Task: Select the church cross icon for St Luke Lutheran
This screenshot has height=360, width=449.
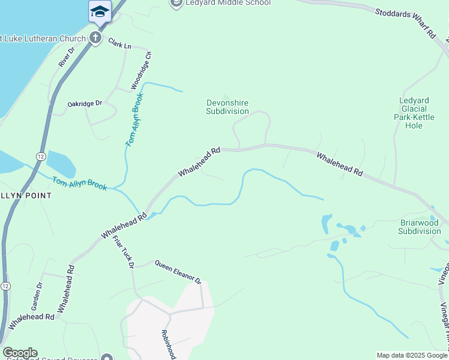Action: click(x=95, y=38)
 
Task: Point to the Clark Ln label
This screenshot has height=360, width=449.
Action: click(x=119, y=43)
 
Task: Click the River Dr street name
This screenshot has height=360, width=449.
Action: click(x=65, y=58)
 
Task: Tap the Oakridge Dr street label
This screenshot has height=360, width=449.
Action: click(x=85, y=104)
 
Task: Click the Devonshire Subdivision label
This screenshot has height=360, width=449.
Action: click(x=227, y=107)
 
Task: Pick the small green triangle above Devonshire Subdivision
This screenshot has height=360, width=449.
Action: click(x=226, y=97)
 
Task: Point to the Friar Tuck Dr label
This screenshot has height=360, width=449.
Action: click(x=122, y=252)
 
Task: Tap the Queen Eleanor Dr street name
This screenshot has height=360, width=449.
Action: click(x=177, y=271)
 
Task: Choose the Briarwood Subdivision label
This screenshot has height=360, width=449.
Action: click(x=420, y=226)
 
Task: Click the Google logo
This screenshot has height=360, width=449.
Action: click(x=20, y=353)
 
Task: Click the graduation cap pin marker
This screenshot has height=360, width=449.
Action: click(x=100, y=11)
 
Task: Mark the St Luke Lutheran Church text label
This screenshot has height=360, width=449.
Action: click(x=41, y=38)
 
